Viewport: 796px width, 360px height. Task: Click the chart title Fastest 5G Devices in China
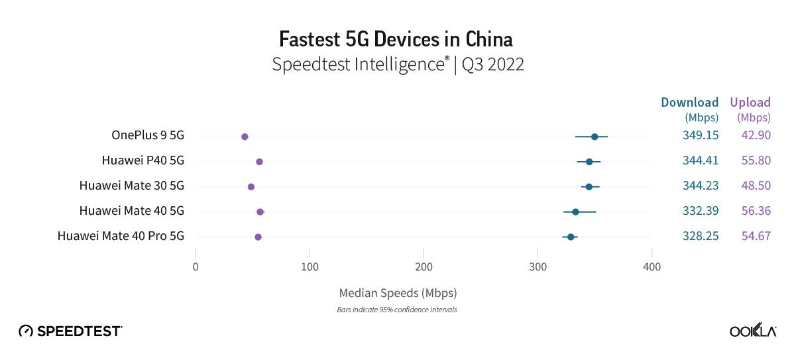[396, 39]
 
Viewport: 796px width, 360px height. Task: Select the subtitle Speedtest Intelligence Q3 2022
[398, 65]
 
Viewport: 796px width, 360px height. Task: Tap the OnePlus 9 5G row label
[147, 136]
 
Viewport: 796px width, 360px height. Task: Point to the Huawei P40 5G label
[142, 161]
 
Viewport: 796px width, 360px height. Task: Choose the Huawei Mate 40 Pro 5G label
[121, 236]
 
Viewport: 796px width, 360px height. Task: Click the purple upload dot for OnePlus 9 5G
[245, 137]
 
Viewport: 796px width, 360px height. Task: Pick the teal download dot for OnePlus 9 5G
[595, 137]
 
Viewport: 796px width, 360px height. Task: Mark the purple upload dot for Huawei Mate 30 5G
[251, 187]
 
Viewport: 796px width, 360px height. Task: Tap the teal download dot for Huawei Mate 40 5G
[575, 211]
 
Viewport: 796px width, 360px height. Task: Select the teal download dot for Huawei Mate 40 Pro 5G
[571, 237]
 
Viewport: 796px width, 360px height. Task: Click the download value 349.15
[701, 136]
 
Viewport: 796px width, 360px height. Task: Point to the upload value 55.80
[756, 161]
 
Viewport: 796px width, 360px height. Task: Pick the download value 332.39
[701, 211]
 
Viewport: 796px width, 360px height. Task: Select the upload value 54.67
[756, 236]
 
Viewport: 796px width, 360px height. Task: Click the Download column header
[690, 103]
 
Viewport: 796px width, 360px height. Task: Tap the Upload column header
[750, 103]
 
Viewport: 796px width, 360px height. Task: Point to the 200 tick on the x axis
[424, 267]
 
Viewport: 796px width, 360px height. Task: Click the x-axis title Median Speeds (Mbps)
[398, 292]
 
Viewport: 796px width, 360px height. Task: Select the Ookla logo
[753, 331]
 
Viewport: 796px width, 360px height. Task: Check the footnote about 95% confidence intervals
[397, 310]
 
